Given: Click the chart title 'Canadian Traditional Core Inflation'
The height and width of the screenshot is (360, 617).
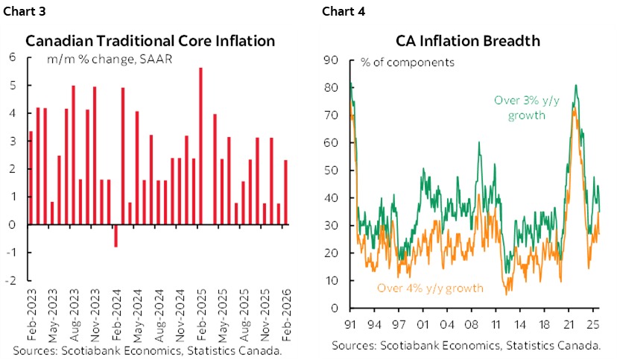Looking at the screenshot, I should coord(151,41).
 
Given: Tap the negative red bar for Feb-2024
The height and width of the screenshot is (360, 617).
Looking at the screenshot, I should coord(116,236).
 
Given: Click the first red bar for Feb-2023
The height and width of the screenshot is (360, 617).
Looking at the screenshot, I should coord(31,177).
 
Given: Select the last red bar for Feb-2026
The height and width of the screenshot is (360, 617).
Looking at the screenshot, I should coord(285,192).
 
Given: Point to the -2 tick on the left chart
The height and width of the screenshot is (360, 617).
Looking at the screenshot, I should coord(13,281).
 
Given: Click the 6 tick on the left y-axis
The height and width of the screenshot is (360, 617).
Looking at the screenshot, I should coord(13,57).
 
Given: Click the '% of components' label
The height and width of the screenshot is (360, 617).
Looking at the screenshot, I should coord(408,63).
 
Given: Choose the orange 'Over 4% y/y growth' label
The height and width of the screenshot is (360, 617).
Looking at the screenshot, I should coord(430,288).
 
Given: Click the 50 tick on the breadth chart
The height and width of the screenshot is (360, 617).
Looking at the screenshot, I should coord(333,171).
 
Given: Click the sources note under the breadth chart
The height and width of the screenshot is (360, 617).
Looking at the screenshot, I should coord(466,345).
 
